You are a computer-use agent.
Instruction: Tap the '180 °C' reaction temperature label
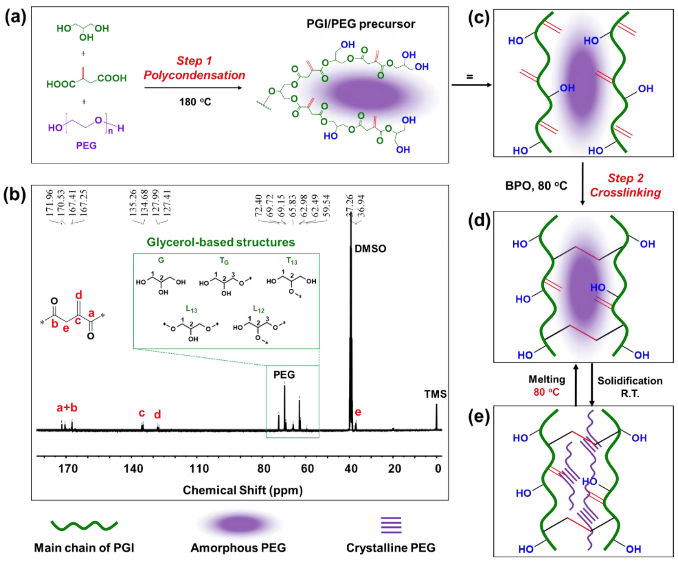195,102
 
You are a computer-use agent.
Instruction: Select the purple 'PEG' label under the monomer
86,146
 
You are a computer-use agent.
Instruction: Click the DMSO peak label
370,249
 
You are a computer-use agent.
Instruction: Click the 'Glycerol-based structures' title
221,242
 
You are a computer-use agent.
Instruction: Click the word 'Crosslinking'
625,193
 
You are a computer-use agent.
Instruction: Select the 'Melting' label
547,380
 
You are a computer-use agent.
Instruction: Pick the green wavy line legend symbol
84,525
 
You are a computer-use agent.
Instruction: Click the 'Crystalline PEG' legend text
391,548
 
